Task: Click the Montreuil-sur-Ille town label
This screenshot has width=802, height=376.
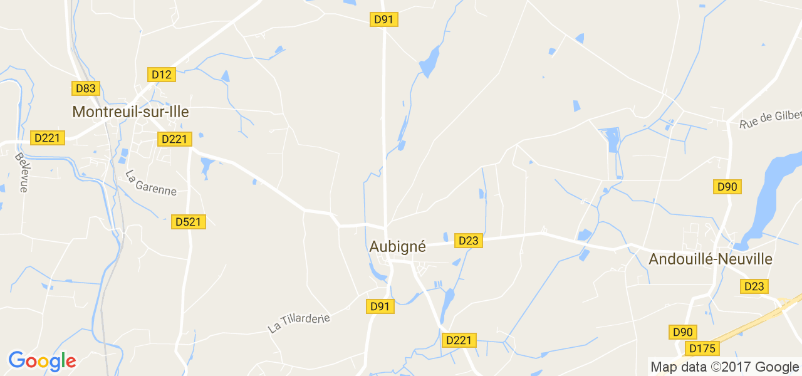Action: tap(130, 112)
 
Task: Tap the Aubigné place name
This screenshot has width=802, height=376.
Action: tap(397, 247)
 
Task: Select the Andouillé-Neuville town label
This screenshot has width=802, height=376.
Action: tap(711, 259)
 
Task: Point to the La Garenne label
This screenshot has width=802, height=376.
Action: tap(151, 183)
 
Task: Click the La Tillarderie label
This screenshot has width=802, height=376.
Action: tap(298, 323)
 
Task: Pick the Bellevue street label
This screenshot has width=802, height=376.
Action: tap(22, 172)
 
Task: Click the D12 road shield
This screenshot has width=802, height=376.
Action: tap(162, 75)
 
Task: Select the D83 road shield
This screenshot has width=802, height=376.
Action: tap(85, 88)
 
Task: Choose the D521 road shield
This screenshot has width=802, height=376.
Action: tap(189, 222)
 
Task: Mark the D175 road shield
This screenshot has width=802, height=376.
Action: tap(702, 348)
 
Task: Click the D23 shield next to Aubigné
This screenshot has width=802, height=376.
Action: tap(469, 241)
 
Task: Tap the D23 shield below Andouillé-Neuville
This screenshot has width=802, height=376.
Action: tap(754, 286)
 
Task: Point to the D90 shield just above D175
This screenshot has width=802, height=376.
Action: tap(683, 332)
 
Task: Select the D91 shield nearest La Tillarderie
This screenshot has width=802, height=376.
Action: tap(380, 306)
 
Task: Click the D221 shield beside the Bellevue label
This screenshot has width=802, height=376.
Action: tap(47, 138)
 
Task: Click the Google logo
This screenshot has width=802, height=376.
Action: tap(42, 362)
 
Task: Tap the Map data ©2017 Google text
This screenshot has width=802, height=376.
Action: tap(724, 367)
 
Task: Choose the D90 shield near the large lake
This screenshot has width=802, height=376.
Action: tap(728, 187)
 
